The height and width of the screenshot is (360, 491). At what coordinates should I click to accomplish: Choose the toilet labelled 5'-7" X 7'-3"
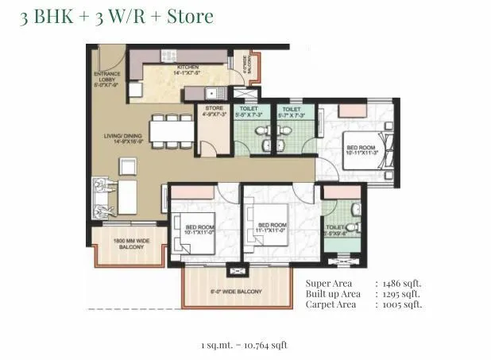click(291, 113)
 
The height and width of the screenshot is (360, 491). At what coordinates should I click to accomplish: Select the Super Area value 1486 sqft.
click(402, 282)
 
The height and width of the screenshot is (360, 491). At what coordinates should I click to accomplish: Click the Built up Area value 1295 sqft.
click(402, 293)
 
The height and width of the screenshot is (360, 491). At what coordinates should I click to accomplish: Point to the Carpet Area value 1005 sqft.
click(402, 304)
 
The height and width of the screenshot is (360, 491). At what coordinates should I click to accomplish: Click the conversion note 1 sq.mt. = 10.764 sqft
click(244, 344)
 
